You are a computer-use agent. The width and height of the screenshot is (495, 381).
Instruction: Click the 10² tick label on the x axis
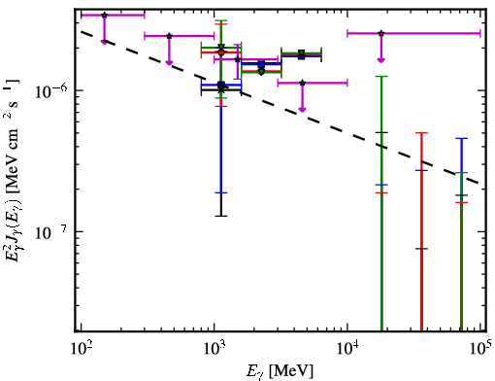tap(81, 349)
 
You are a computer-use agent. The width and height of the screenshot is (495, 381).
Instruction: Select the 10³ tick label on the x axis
tap(214, 349)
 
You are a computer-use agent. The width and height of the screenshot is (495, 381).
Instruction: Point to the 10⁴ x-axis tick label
tap(347, 349)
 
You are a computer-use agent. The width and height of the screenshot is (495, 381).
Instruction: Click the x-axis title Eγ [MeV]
tap(280, 371)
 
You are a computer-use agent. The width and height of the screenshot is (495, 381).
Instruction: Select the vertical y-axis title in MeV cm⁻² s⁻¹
tap(13, 169)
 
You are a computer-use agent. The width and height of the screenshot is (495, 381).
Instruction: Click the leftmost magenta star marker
tap(104, 15)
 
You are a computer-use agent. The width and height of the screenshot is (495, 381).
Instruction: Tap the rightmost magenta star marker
tap(381, 33)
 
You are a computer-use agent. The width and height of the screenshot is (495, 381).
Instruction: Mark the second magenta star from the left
tap(169, 36)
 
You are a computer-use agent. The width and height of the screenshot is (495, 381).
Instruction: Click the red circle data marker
tap(221, 52)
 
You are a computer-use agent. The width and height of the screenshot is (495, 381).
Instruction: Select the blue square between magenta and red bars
tap(261, 64)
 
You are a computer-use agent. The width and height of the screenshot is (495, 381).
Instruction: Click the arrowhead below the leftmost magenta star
tap(104, 42)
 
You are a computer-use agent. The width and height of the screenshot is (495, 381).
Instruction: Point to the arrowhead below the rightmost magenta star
tap(381, 60)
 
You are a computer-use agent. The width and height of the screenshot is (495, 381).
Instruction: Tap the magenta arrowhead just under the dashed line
tap(302, 110)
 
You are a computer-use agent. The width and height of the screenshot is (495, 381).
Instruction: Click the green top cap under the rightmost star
tap(381, 77)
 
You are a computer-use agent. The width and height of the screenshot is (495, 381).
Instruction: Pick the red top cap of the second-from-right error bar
tap(421, 133)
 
